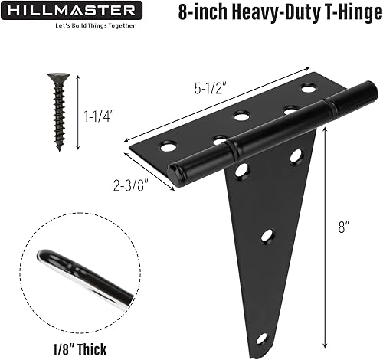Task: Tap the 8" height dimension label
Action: click(347, 227)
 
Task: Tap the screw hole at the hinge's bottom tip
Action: click(261, 338)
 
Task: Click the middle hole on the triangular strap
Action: click(267, 236)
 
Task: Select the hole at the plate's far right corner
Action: click(308, 89)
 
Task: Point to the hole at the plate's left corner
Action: click(168, 145)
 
